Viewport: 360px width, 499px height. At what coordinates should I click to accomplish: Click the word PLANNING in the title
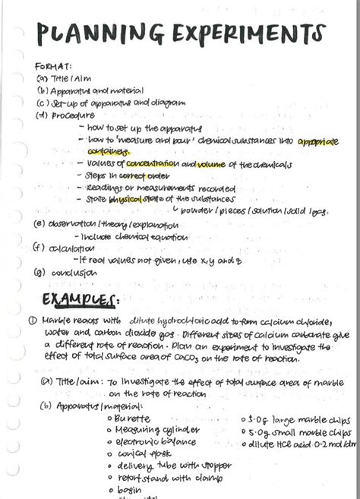(x=84, y=34)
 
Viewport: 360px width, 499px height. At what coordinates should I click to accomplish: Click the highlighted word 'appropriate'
(x=317, y=141)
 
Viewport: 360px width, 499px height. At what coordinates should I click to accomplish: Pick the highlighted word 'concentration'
(x=152, y=164)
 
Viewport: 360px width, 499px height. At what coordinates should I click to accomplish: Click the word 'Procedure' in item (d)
(x=68, y=115)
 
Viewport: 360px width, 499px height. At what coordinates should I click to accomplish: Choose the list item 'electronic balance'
(x=156, y=442)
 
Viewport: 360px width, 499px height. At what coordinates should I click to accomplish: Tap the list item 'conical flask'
(x=144, y=454)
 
